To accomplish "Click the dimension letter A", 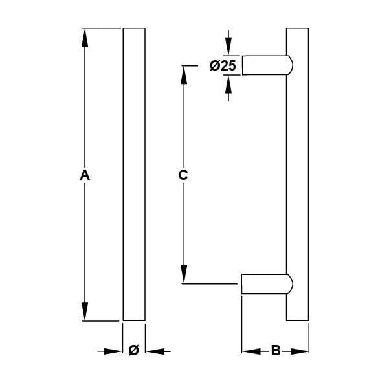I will point(84,175).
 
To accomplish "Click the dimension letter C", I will point(183,175).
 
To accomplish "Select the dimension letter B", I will point(275,351).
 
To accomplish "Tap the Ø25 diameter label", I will point(223,65).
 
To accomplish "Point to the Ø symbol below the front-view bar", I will point(133,351).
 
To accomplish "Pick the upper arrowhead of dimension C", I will point(184,73).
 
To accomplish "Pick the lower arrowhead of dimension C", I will point(184,274).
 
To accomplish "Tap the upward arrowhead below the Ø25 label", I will point(228,83).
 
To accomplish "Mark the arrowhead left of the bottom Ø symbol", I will point(115,351).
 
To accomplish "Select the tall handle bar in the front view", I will point(134,175).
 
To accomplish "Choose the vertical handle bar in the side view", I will point(297,175).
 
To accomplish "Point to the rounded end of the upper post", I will point(289,65).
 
